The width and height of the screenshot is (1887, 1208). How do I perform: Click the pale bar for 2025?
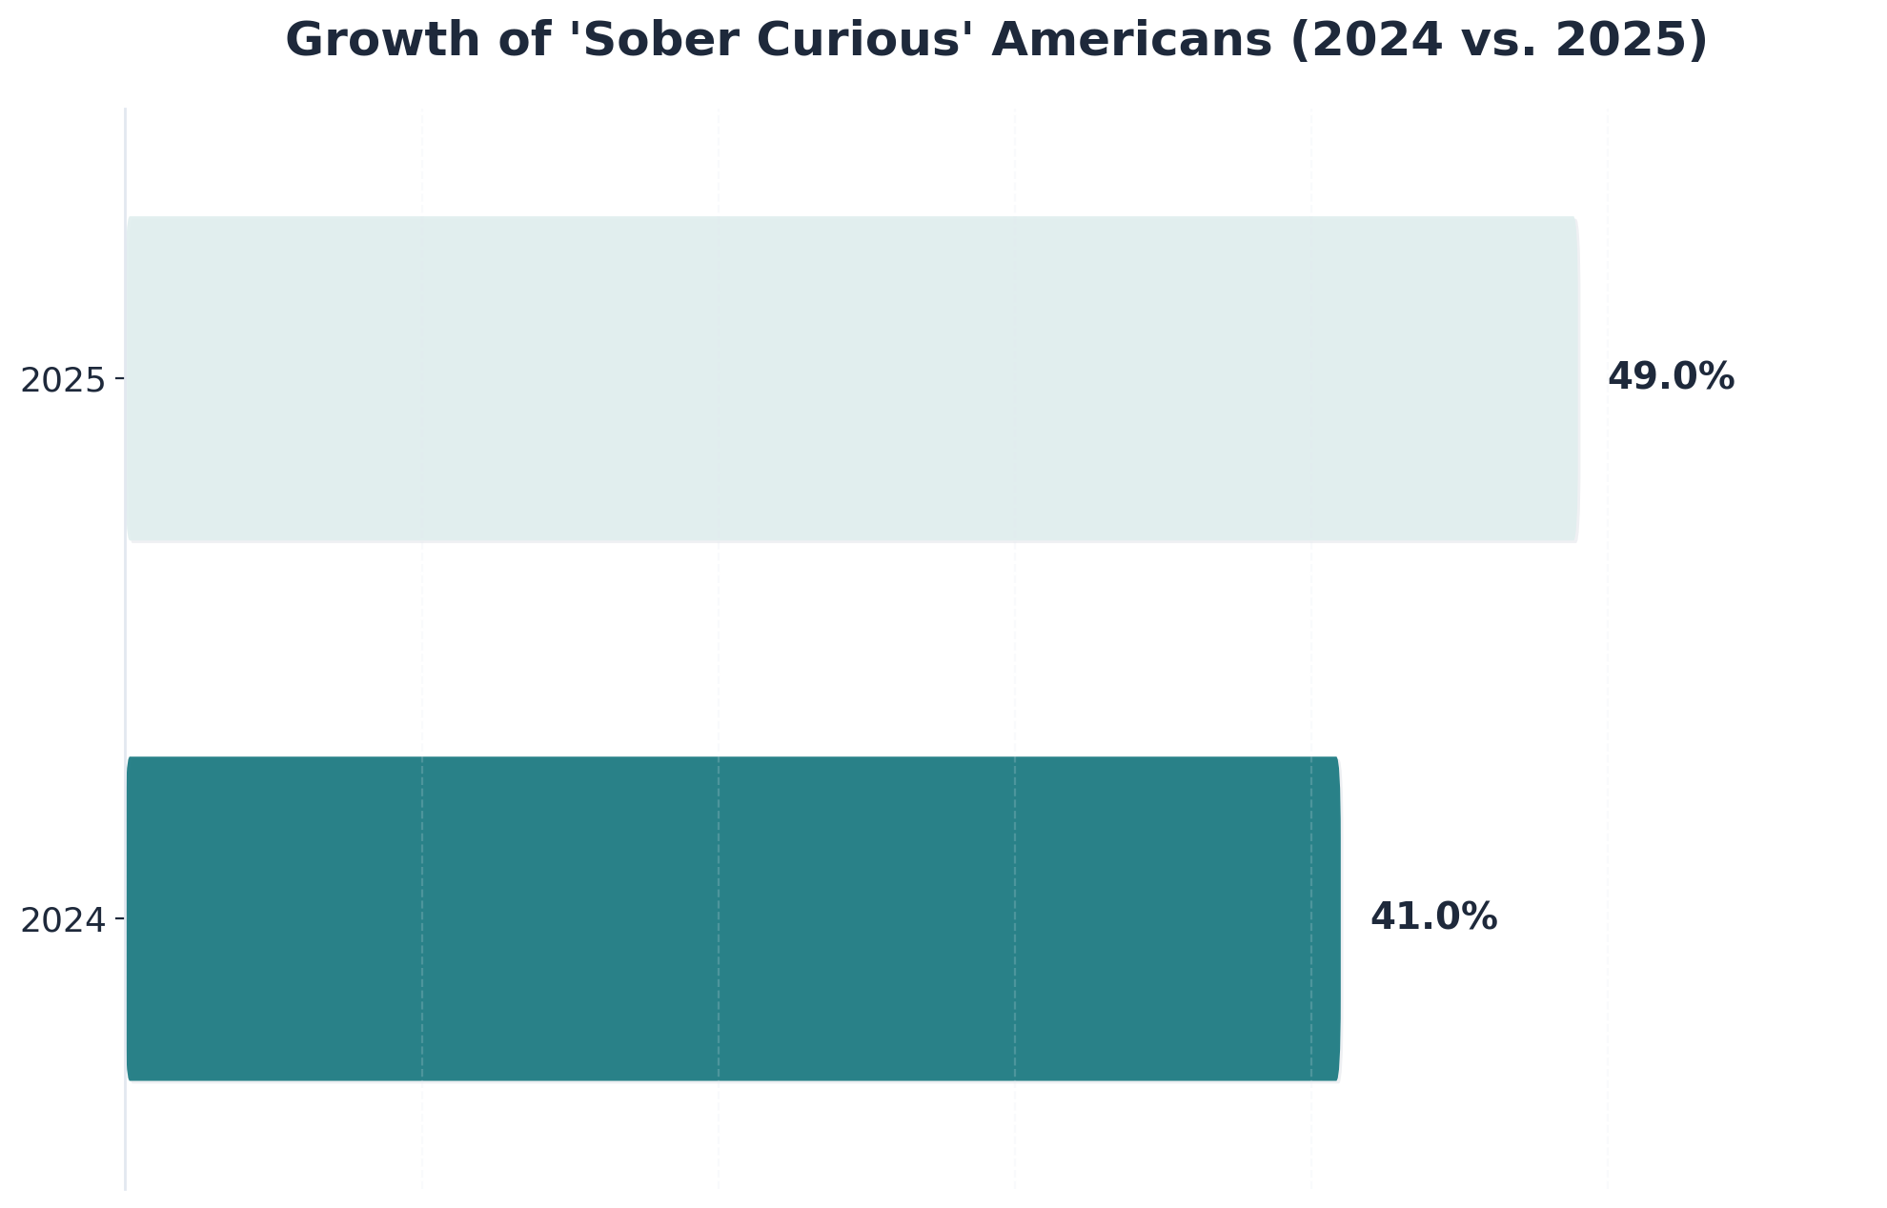click(851, 379)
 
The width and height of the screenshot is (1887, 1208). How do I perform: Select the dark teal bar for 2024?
click(732, 918)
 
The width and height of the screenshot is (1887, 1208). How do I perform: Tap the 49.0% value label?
click(1671, 377)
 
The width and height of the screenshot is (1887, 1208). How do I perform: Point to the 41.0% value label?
click(1433, 917)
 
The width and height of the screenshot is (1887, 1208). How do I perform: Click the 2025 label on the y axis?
click(63, 381)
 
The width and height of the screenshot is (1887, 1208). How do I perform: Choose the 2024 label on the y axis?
click(63, 921)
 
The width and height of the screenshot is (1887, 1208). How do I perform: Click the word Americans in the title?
click(1131, 41)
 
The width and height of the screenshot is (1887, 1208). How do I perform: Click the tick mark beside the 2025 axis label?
click(119, 379)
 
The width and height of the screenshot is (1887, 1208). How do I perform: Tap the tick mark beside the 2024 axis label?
click(119, 918)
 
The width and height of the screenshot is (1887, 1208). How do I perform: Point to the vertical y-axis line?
click(125, 648)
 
